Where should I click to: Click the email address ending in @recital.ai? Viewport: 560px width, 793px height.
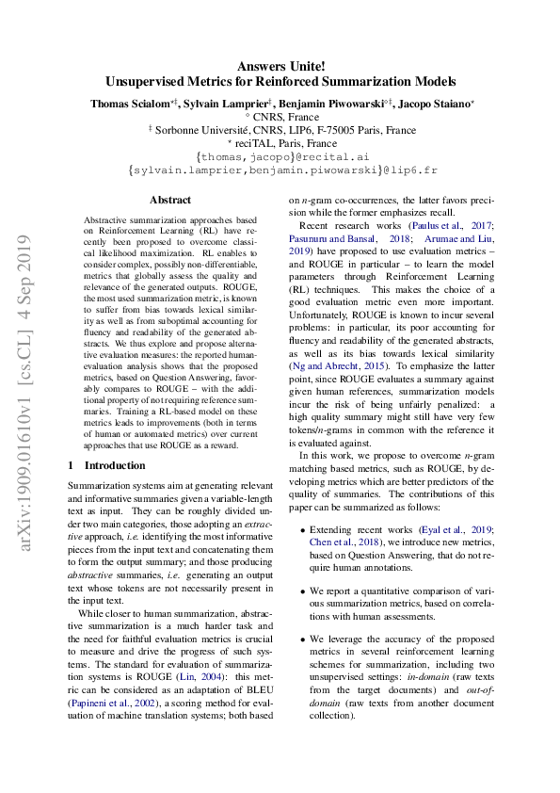pos(280,155)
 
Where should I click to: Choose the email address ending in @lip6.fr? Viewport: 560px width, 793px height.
pos(281,170)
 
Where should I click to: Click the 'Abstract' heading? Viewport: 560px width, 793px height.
pos(170,200)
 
